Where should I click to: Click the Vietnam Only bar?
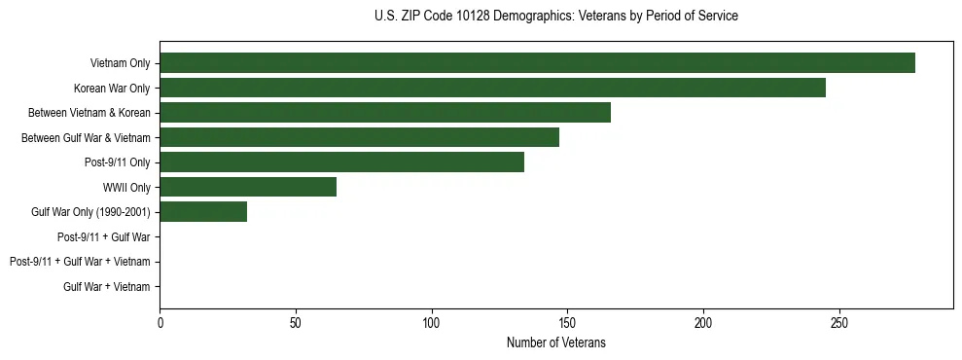(537, 63)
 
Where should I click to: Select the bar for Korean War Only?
(492, 88)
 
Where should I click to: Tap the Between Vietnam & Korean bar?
(385, 113)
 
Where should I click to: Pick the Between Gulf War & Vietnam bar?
(359, 137)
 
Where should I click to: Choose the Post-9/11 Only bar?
(341, 162)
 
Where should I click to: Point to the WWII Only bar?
(248, 187)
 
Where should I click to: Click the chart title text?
(555, 17)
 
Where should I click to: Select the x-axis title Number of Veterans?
(555, 342)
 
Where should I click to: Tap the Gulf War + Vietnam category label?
(107, 286)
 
